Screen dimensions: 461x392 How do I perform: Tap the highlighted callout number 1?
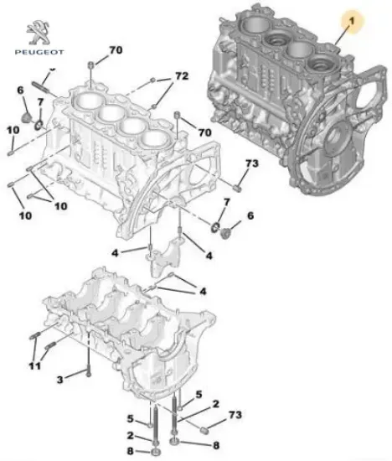tap(352, 17)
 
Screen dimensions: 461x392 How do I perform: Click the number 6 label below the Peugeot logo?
tap(20, 90)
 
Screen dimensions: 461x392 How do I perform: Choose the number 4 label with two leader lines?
tap(202, 290)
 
